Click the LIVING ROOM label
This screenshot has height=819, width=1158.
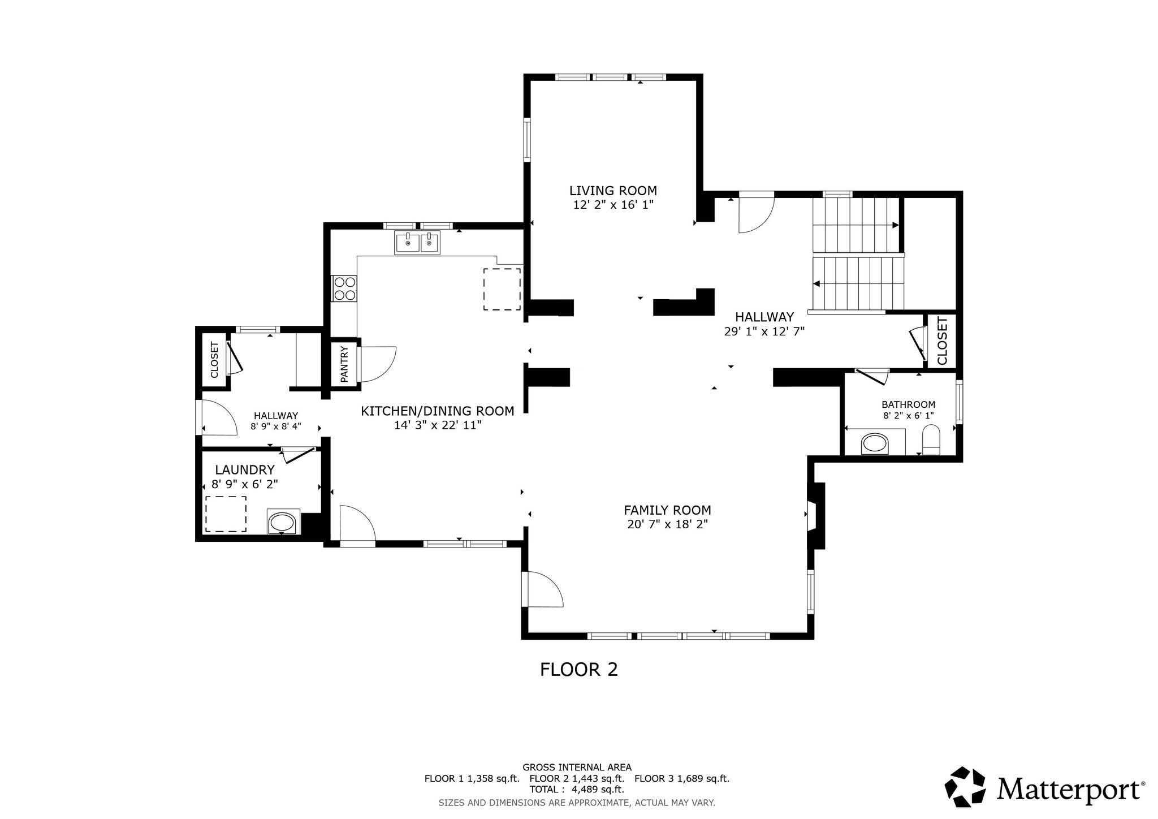pos(613,191)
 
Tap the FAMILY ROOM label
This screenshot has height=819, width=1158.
pos(667,510)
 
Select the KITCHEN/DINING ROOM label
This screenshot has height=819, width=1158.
pos(438,411)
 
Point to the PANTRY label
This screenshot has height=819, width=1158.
pos(345,364)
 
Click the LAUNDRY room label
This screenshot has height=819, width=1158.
pos(245,470)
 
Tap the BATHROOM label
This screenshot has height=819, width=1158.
pos(909,404)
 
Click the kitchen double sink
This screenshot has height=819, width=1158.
pos(417,243)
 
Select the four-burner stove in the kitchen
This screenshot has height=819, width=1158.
pos(344,288)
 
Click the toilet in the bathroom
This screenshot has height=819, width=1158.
pos(930,441)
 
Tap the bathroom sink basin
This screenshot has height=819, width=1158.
pos(875,443)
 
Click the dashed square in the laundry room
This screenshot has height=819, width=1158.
pos(226,514)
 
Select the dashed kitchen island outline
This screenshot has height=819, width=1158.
pos(502,289)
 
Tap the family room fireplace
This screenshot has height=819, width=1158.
pos(816,515)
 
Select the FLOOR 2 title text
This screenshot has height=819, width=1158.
pos(579,670)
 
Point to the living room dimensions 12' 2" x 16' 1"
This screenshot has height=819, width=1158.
pos(613,205)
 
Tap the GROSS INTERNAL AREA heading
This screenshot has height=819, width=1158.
pos(577,768)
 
